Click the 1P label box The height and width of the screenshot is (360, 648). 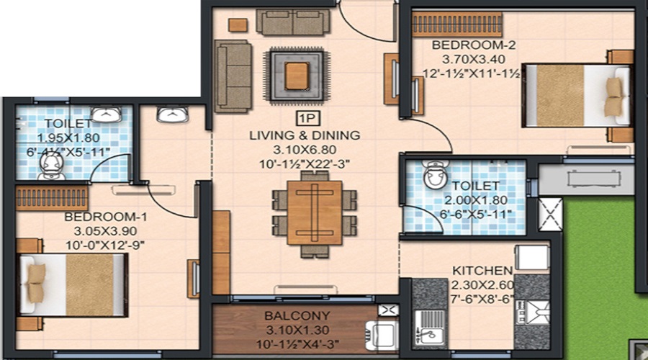[x=305, y=120]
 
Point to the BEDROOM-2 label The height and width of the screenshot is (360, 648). [x=464, y=45]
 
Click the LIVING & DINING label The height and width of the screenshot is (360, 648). [x=304, y=135]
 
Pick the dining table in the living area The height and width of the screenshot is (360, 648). [x=314, y=212]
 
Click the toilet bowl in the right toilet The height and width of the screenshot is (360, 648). [x=436, y=175]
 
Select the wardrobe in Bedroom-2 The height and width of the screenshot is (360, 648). [x=456, y=24]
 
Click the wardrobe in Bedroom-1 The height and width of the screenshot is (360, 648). [x=52, y=197]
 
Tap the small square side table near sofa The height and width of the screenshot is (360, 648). [x=238, y=24]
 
